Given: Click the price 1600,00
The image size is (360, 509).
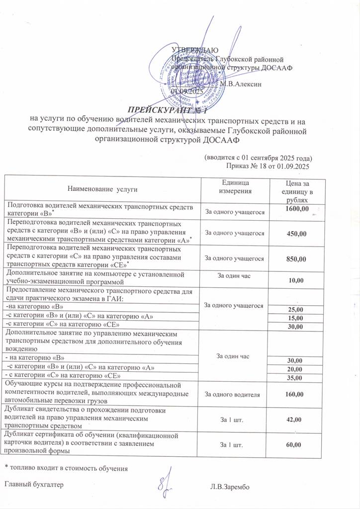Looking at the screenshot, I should click(x=297, y=209).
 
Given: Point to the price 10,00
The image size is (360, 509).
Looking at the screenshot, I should click(x=296, y=281).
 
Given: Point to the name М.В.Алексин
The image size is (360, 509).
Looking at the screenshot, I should click(x=241, y=84).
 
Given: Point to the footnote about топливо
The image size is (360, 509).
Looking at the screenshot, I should click(x=66, y=468).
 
